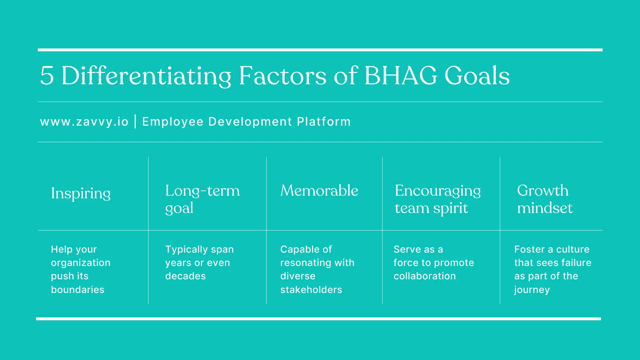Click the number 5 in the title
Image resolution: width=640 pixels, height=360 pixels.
[47, 76]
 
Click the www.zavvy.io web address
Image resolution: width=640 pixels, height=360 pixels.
[84, 122]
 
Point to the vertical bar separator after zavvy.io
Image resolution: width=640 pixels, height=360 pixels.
[135, 121]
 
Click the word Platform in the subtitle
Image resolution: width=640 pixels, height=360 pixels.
[324, 122]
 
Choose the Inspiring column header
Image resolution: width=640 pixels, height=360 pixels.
[81, 194]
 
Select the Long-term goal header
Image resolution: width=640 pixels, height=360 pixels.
[202, 199]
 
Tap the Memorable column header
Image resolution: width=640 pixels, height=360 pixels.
[319, 191]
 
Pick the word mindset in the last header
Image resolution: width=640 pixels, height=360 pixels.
[544, 208]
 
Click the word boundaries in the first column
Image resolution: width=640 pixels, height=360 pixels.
[78, 290]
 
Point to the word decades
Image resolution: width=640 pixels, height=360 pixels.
[185, 276]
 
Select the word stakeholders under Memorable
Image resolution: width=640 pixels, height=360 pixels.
[311, 290]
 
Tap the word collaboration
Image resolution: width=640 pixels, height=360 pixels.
[424, 276]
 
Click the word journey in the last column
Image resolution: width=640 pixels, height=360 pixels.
[532, 290]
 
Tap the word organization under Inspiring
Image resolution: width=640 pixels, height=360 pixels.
[80, 263]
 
